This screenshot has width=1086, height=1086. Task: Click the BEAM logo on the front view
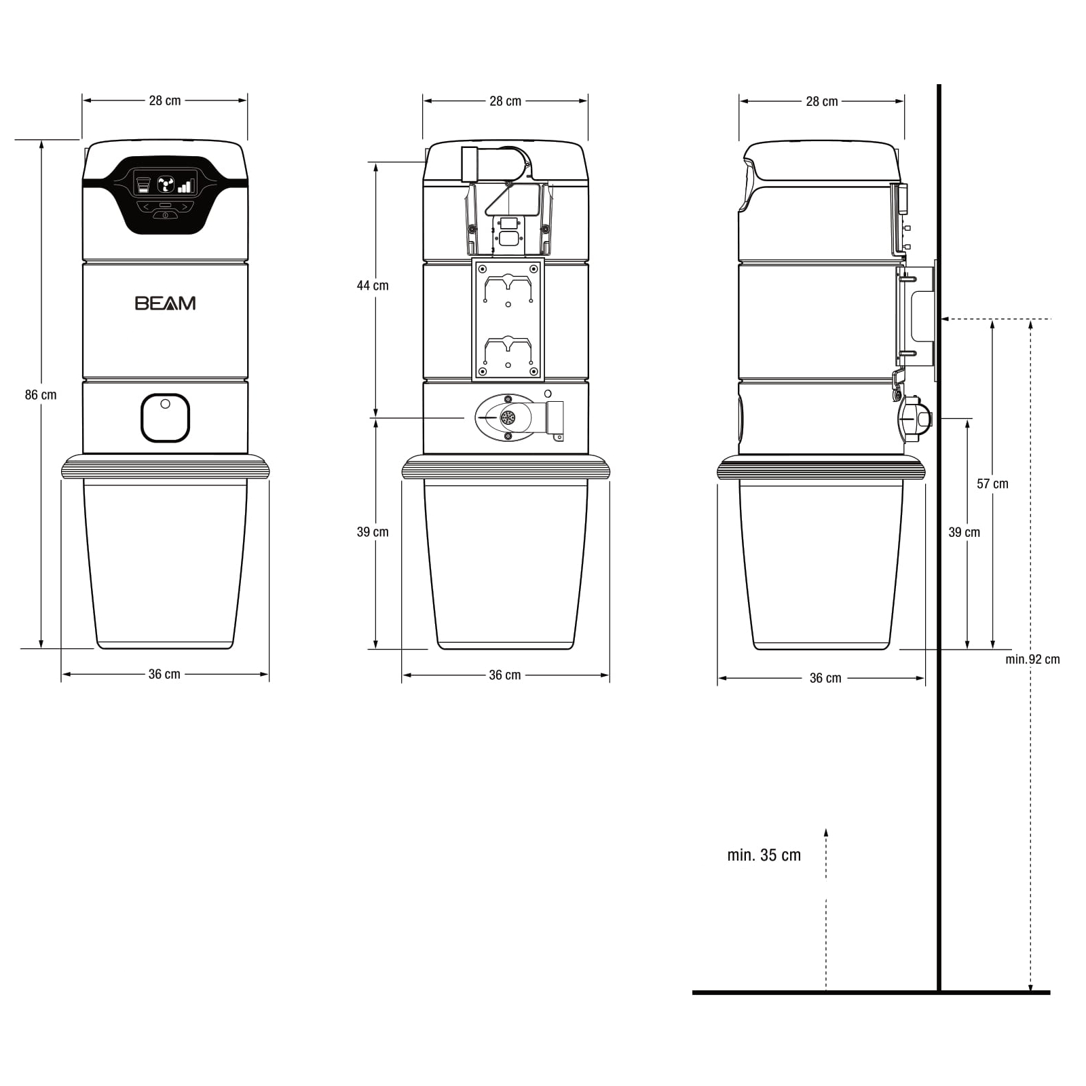click(165, 303)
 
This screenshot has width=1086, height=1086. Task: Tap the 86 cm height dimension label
click(41, 395)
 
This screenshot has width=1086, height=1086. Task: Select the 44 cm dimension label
click(373, 286)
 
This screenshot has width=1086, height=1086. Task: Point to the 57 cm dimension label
click(992, 484)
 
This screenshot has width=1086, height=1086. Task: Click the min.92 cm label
click(1032, 660)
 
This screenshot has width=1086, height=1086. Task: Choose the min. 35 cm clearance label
click(764, 855)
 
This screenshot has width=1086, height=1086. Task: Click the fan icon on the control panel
click(166, 185)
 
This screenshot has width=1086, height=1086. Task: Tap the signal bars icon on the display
click(186, 185)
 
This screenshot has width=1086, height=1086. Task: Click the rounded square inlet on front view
click(165, 418)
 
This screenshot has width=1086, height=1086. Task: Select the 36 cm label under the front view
click(164, 675)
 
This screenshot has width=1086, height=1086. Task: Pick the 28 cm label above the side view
click(821, 102)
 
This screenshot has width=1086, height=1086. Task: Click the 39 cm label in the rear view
click(373, 532)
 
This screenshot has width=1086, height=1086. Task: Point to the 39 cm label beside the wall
click(964, 533)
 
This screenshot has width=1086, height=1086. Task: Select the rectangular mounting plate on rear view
click(508, 319)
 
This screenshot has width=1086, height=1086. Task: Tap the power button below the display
click(165, 215)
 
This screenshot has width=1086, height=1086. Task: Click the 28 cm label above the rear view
click(505, 102)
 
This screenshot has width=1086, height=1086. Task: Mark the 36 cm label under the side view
click(825, 678)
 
